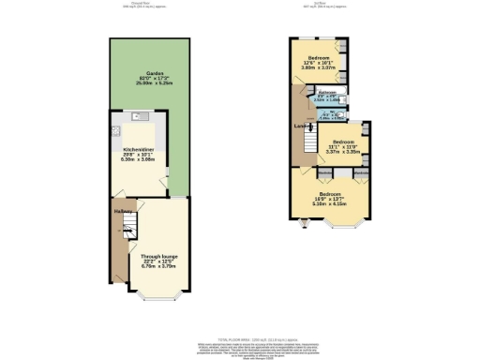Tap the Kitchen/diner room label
click(139, 149)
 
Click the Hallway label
click(122, 211)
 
